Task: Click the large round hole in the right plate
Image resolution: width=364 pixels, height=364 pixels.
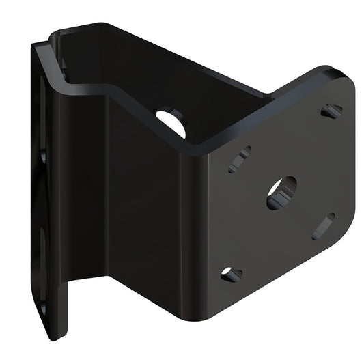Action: click(281, 193)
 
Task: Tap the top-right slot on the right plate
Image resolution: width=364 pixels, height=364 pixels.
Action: click(332, 110)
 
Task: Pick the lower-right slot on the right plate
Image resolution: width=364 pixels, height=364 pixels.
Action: click(323, 227)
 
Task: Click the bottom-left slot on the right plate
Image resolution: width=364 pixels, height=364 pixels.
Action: click(232, 275)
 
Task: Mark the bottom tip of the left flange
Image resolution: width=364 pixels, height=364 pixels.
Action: click(57, 336)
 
